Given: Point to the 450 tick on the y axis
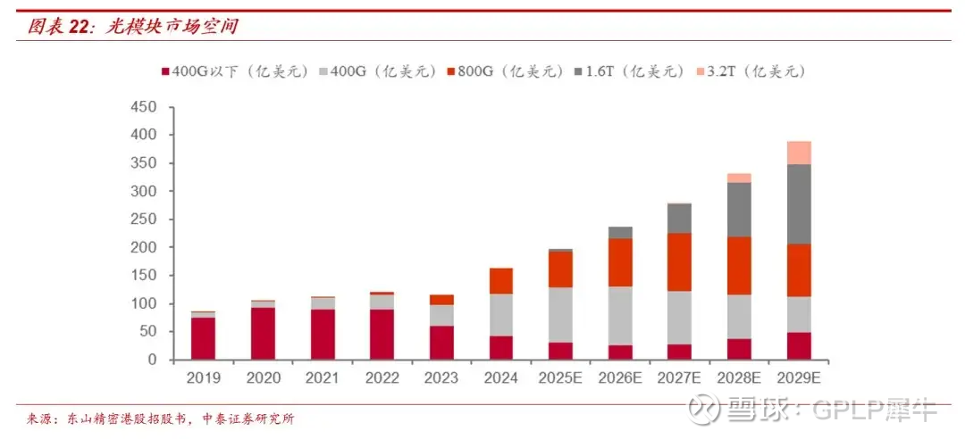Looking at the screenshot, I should [144, 107].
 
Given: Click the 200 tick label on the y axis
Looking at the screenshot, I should [144, 247].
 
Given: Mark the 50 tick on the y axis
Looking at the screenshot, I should [147, 332].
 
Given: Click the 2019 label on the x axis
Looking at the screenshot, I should [203, 378].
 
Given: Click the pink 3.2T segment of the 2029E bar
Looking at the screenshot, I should [799, 153].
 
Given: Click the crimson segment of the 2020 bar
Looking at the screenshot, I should [263, 334].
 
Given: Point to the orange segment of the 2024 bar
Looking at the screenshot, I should [500, 280].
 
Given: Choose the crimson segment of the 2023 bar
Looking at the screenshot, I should [441, 343].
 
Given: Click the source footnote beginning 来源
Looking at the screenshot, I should [160, 418].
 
